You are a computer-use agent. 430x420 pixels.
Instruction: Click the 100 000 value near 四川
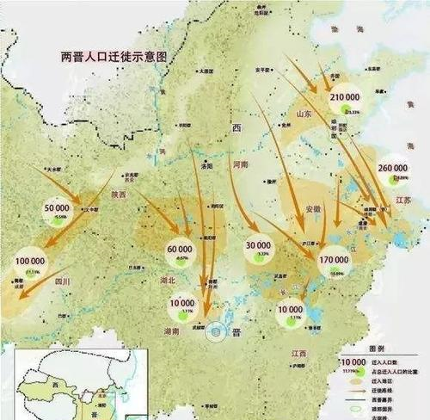click(29, 260)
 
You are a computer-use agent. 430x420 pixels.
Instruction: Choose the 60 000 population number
click(181, 250)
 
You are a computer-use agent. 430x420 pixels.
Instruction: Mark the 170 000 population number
click(336, 258)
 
